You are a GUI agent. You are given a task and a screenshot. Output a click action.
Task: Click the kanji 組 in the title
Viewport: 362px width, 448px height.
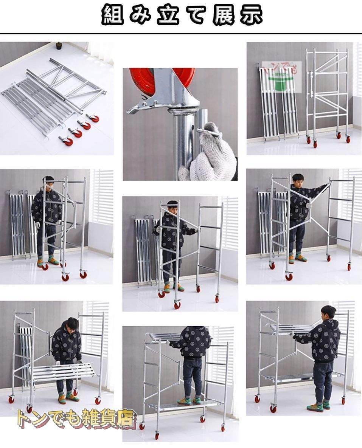point(112,16)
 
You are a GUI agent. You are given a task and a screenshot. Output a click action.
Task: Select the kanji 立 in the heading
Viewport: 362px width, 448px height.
point(168,16)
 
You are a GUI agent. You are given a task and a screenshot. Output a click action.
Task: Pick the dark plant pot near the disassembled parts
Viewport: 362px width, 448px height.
point(59,46)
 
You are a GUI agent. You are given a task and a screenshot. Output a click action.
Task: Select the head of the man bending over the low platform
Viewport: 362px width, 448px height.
point(72,324)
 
